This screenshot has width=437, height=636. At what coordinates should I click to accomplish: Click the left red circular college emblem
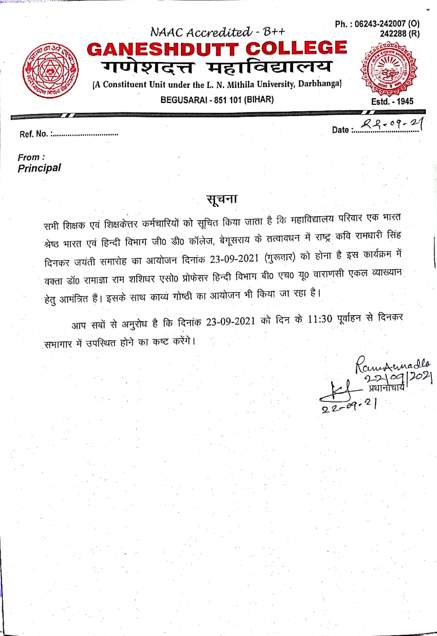click(50, 71)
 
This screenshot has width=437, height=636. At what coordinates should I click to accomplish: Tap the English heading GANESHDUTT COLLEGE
click(217, 49)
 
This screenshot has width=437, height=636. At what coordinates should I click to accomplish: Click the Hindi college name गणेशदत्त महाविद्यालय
click(216, 67)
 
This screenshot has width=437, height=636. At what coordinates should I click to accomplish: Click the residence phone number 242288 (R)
click(399, 34)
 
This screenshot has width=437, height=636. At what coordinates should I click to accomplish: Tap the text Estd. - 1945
click(392, 101)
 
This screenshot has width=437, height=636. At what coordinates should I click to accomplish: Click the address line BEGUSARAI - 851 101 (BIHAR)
click(217, 100)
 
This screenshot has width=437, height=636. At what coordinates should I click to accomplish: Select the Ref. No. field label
click(34, 134)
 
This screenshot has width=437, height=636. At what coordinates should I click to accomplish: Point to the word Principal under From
click(39, 168)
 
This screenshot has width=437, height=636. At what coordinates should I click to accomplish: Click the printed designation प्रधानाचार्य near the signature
click(386, 388)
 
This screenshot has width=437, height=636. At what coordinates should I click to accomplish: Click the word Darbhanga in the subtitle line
click(319, 84)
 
